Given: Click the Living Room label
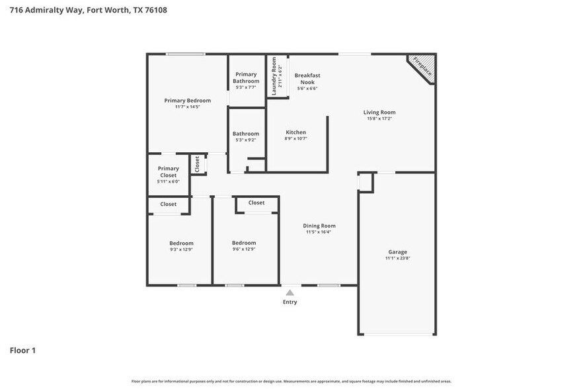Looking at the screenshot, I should coord(379,112).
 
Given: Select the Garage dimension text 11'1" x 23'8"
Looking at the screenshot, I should coord(397,258).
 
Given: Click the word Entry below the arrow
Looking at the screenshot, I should coord(290,302).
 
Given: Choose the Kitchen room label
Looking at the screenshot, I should coord(295,132).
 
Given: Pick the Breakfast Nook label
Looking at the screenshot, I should coord(307,79).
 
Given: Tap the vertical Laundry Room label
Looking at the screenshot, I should coord(274,76).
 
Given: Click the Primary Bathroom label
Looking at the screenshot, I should coord(246,77).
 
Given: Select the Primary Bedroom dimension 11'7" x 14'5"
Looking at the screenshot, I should coord(188,107).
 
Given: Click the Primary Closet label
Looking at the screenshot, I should coord(168,172).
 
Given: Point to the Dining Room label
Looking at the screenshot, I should coord(319,226).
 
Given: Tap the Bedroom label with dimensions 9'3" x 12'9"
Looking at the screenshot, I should coord(181,243).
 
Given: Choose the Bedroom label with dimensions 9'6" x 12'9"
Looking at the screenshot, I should coord(244,243).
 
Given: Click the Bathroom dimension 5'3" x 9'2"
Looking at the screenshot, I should coord(246,140).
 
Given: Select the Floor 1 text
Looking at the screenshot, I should coord(22,350).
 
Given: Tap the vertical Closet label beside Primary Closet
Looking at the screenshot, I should coord(197,164).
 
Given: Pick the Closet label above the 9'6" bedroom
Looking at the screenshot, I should coord(256,202).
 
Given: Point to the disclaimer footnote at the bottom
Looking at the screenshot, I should coord(291,381).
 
